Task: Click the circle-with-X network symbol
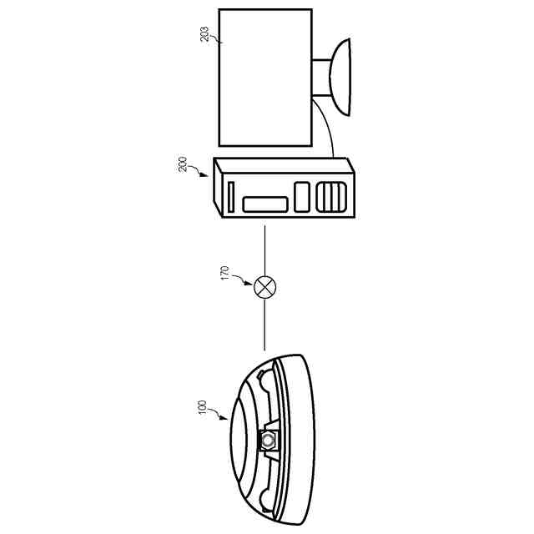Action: point(265,288)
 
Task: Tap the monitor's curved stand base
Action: point(343,79)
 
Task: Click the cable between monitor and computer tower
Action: point(330,133)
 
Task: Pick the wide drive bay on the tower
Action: point(266,204)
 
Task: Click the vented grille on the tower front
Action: point(332,198)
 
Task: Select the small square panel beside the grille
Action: point(301,197)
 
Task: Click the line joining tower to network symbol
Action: point(265,250)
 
